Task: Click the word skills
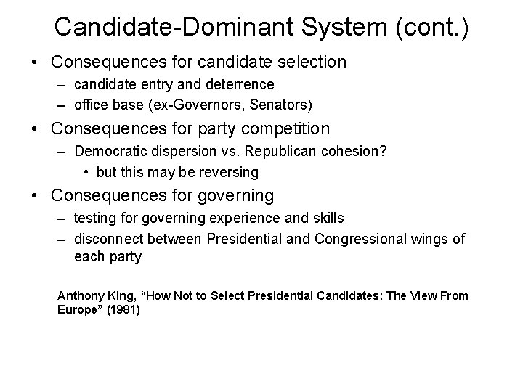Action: pos(328,218)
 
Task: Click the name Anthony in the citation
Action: pos(79,295)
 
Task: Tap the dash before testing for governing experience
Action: pos(64,218)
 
